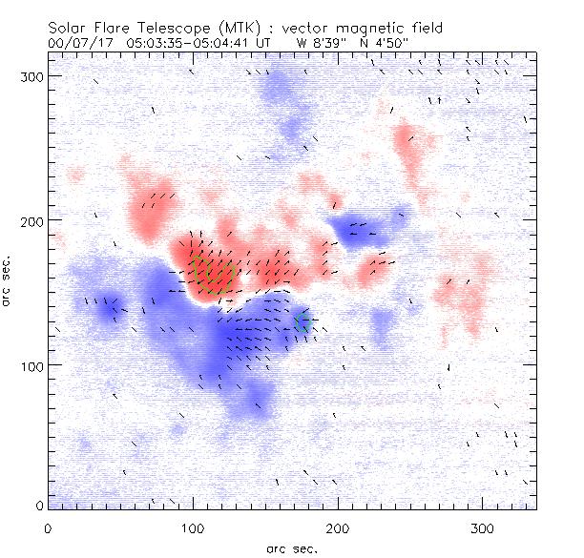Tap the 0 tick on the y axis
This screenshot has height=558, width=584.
pyautogui.click(x=39, y=505)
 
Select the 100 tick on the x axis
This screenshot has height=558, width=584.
pyautogui.click(x=193, y=527)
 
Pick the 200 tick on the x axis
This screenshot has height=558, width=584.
pyautogui.click(x=338, y=527)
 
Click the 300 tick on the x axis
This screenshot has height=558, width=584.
pyautogui.click(x=483, y=527)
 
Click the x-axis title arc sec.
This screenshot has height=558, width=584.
pyautogui.click(x=291, y=548)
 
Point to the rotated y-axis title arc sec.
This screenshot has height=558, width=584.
pyautogui.click(x=8, y=281)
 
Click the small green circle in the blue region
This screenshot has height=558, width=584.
pyautogui.click(x=304, y=323)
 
